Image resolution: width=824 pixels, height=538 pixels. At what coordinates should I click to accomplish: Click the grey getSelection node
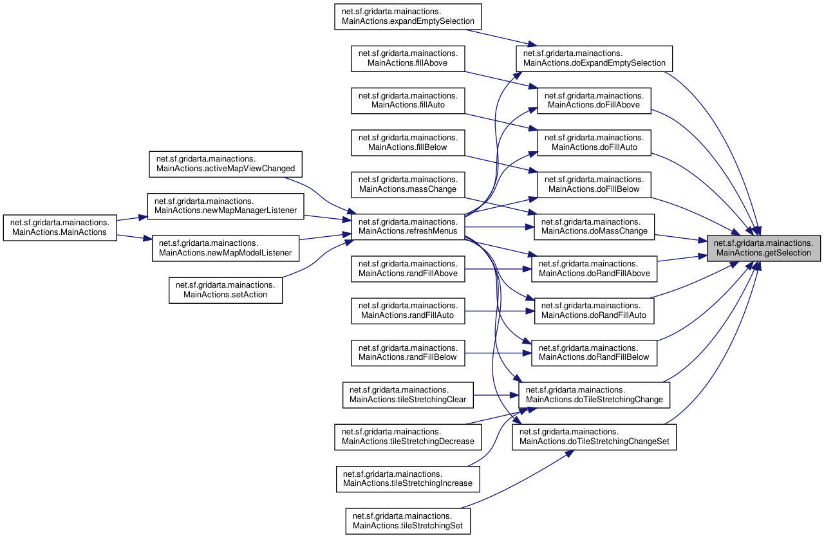click(763, 248)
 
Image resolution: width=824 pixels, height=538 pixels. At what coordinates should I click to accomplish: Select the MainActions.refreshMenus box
click(408, 227)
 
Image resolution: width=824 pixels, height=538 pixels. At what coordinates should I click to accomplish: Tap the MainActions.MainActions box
click(60, 228)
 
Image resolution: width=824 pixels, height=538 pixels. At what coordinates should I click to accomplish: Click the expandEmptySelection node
click(408, 17)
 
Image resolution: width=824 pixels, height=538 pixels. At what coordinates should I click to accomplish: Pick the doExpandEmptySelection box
click(594, 59)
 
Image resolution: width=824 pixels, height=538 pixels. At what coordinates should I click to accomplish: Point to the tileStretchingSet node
click(408, 521)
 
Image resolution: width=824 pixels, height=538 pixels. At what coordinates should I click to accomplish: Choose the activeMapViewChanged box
click(225, 164)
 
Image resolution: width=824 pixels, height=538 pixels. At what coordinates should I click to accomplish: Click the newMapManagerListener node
click(225, 207)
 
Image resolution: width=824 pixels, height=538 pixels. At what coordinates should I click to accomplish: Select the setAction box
click(225, 290)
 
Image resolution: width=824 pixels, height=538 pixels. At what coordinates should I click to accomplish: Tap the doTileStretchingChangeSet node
click(594, 437)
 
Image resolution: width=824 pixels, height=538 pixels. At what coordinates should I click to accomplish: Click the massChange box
click(408, 185)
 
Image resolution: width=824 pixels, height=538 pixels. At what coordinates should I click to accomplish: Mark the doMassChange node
click(594, 227)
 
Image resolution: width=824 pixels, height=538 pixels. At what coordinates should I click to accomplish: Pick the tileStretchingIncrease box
click(408, 479)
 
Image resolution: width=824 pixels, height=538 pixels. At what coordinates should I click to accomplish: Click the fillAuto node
click(408, 100)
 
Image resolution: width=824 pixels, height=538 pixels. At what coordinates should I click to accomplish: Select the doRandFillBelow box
click(594, 353)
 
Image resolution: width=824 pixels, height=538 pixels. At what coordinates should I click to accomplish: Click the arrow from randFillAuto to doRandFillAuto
click(500, 311)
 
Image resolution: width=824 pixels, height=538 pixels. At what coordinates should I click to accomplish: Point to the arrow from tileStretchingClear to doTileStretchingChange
click(496, 395)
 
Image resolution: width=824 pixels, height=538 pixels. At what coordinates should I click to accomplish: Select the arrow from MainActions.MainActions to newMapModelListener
click(135, 237)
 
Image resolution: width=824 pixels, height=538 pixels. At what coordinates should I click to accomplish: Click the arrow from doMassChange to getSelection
click(680, 238)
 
